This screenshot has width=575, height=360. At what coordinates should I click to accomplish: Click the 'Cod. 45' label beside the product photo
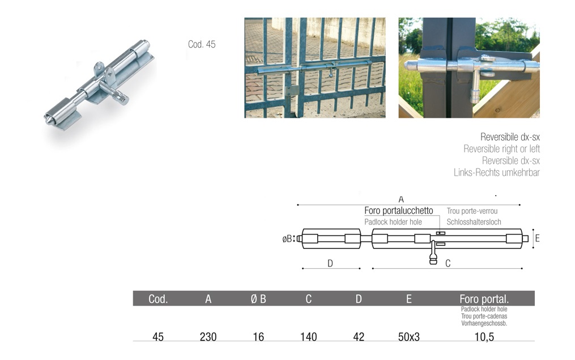(x=202, y=44)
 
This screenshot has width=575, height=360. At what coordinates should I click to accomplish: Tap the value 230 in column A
(x=208, y=337)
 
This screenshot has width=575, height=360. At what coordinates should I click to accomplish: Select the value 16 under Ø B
(x=258, y=337)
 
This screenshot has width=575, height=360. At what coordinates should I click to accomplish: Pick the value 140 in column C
(x=308, y=337)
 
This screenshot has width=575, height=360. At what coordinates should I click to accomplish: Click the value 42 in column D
(x=359, y=337)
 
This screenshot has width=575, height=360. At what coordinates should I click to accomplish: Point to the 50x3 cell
(x=409, y=337)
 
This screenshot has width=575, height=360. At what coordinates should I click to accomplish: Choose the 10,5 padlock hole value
(x=484, y=337)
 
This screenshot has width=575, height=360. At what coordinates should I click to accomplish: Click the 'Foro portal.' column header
(x=484, y=299)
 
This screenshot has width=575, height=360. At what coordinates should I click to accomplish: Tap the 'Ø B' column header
(x=258, y=299)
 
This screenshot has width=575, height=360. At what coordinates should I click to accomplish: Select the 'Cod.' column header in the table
(x=158, y=299)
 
